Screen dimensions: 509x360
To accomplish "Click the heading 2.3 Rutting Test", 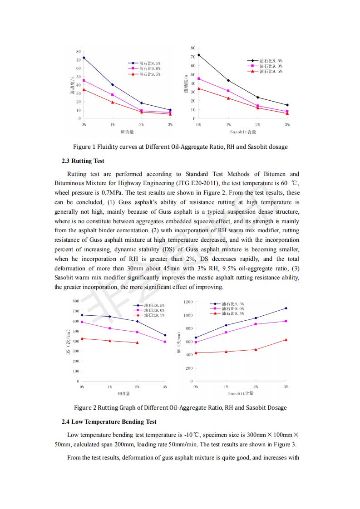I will (83, 161).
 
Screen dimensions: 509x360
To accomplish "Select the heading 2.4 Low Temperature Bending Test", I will (109, 421).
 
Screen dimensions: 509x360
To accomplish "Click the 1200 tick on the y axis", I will (188, 302).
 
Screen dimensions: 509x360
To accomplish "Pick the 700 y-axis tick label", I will (76, 311).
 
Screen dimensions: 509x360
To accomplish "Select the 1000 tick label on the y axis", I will (188, 315).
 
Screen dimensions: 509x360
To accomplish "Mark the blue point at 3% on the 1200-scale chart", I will (286, 308).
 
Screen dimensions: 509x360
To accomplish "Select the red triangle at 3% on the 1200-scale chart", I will (286, 340).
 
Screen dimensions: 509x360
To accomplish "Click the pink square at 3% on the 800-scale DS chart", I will (165, 342).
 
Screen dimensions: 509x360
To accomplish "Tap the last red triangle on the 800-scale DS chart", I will (138, 343).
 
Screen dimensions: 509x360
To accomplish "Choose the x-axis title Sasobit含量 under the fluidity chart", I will (243, 132).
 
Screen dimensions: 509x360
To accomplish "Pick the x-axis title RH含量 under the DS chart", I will (123, 393).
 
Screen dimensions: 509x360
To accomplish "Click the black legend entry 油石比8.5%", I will (271, 60).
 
